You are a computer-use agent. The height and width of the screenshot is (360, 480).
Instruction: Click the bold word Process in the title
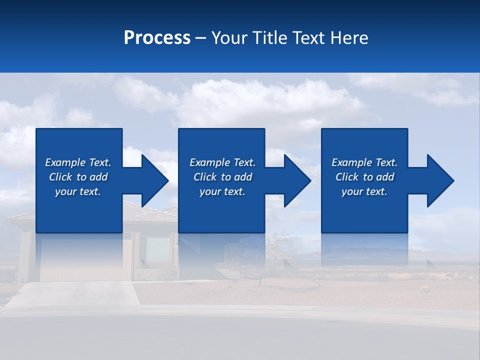[x=157, y=38]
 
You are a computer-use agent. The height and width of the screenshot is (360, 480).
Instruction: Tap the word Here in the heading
[x=348, y=38]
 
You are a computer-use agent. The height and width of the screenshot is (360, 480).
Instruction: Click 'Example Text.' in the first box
[x=78, y=162]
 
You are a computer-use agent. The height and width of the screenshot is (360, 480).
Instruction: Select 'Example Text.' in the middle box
[x=222, y=162]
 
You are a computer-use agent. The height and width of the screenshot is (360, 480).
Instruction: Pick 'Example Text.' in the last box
[x=364, y=162]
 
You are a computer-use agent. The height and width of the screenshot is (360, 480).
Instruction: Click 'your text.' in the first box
[x=78, y=191]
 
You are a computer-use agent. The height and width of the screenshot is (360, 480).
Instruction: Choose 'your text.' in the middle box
[x=222, y=191]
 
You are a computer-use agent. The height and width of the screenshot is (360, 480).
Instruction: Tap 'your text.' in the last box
[x=364, y=191]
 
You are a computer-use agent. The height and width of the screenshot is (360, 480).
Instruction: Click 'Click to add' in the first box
[x=78, y=177]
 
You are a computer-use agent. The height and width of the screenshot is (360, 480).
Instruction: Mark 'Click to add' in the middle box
[x=222, y=177]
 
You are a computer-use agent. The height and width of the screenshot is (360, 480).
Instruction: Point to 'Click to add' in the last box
[x=364, y=177]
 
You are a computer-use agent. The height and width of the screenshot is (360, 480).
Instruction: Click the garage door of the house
[x=85, y=260]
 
